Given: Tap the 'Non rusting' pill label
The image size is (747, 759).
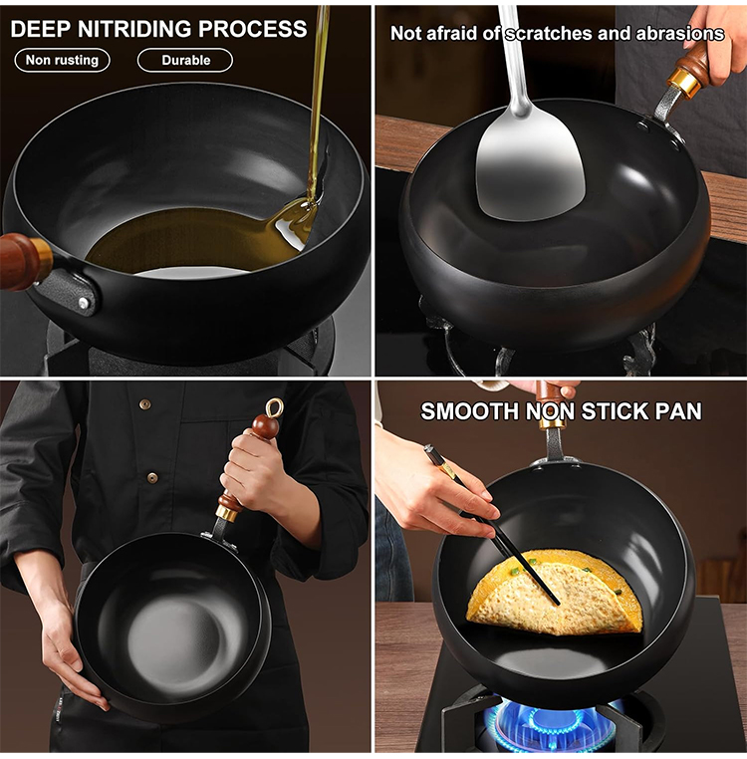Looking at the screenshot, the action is [x=62, y=60].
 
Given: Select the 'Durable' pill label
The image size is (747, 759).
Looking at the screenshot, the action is [x=185, y=61].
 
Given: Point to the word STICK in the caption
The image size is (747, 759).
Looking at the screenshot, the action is [x=615, y=411].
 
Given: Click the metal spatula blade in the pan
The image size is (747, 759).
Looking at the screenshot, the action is [x=530, y=169].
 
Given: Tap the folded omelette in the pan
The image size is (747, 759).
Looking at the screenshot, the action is [x=555, y=592].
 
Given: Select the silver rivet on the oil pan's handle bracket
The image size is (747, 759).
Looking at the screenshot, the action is [x=84, y=303].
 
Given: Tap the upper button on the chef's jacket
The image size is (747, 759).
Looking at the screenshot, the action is [x=144, y=403].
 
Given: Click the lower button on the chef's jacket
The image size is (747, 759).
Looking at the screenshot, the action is [x=152, y=477].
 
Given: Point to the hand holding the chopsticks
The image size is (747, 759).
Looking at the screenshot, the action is [x=435, y=489].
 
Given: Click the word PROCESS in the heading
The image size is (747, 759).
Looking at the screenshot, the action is [x=252, y=29].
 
